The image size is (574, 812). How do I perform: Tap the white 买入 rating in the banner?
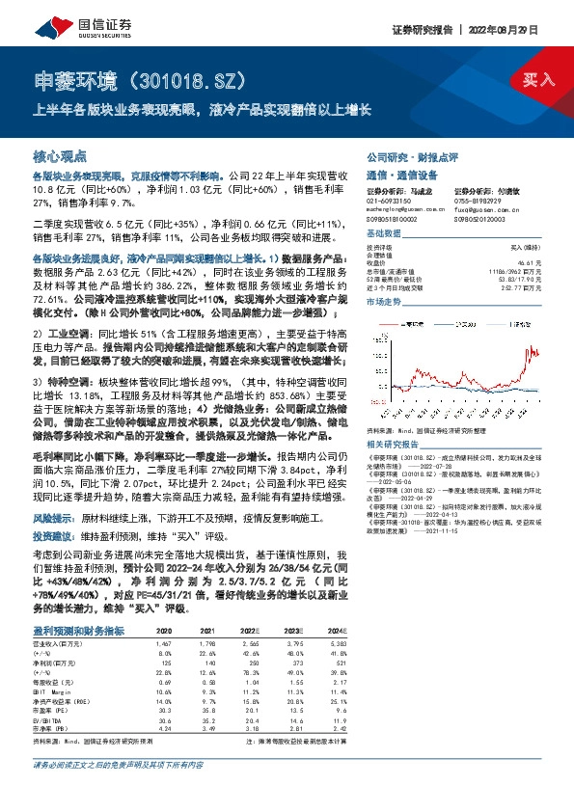point(538,78)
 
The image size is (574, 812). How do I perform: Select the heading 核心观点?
point(59,155)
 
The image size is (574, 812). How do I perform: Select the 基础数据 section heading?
point(385,234)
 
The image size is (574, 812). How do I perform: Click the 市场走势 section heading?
point(385,302)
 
